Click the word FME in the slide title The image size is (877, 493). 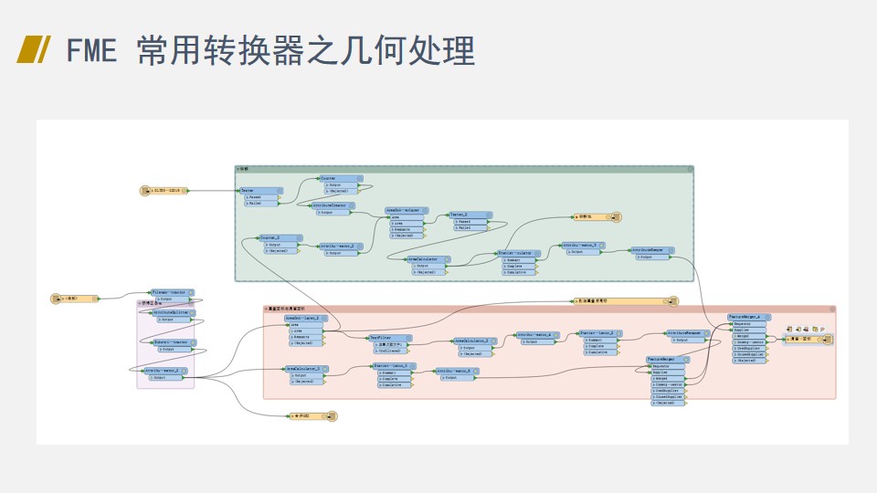91,50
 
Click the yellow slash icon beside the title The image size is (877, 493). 34,50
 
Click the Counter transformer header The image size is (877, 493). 337,178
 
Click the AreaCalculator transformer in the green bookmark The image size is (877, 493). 428,259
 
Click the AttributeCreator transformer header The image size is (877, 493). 330,205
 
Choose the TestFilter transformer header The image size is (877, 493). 389,338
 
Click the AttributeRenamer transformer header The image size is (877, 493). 688,332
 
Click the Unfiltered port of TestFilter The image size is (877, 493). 391,351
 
